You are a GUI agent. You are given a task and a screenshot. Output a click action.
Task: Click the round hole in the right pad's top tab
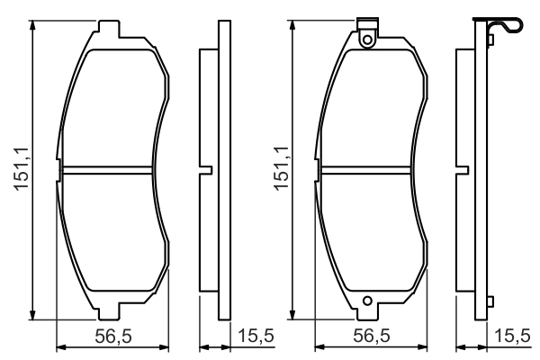pyautogui.click(x=367, y=38)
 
